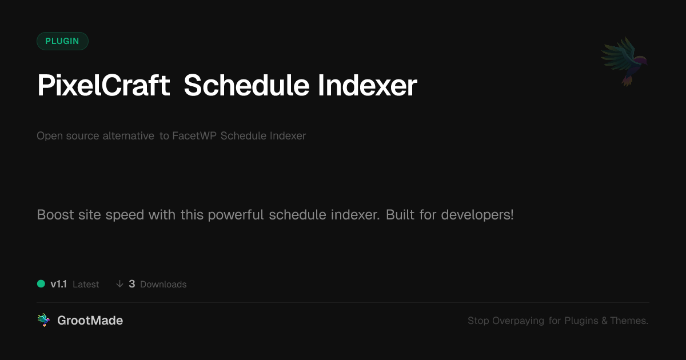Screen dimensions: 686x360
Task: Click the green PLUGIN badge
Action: [x=62, y=41]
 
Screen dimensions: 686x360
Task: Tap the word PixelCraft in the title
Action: [x=103, y=85]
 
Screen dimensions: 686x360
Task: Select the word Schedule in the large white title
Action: [x=246, y=85]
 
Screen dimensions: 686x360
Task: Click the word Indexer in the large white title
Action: [x=368, y=85]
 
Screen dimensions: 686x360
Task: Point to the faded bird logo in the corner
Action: [x=625, y=61]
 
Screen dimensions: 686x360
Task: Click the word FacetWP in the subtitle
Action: [x=194, y=135]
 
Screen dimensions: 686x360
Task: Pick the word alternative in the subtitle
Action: [x=128, y=135]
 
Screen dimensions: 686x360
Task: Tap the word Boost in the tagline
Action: [x=55, y=215]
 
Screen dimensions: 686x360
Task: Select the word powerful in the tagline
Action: [x=236, y=215]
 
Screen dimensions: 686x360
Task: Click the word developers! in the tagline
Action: [x=477, y=215]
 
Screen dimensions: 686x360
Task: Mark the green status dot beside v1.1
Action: [x=41, y=284]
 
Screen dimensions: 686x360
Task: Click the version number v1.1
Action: [x=58, y=284]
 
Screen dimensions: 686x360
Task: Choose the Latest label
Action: [x=86, y=285]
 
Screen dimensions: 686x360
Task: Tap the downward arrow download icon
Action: [x=119, y=284]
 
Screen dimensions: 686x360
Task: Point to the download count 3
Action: [x=132, y=284]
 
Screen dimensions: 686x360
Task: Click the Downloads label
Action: [x=163, y=285]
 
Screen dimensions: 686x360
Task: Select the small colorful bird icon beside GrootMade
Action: [x=43, y=320]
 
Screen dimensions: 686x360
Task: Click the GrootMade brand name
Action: [x=90, y=321]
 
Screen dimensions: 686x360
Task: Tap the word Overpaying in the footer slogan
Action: [x=518, y=321]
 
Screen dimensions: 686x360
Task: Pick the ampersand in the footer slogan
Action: [x=604, y=321]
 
